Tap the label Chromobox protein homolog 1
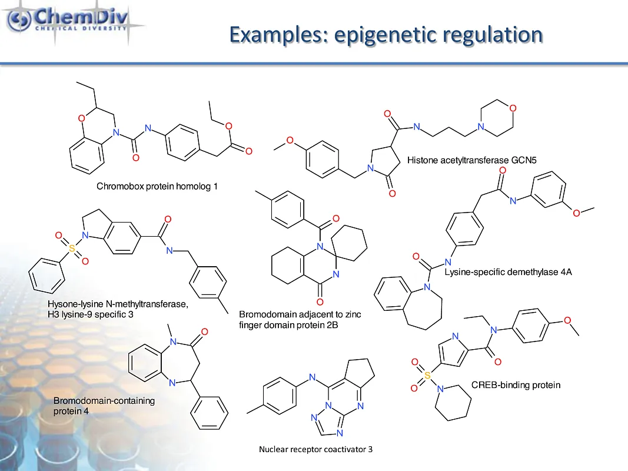pyautogui.click(x=157, y=187)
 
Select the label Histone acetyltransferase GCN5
pyautogui.click(x=472, y=160)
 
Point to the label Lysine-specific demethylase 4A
pyautogui.click(x=508, y=272)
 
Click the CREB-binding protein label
pyautogui.click(x=516, y=385)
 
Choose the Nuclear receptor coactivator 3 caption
pyautogui.click(x=315, y=449)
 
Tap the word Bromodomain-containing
pyautogui.click(x=104, y=401)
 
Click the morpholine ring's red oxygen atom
pyautogui.click(x=513, y=108)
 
